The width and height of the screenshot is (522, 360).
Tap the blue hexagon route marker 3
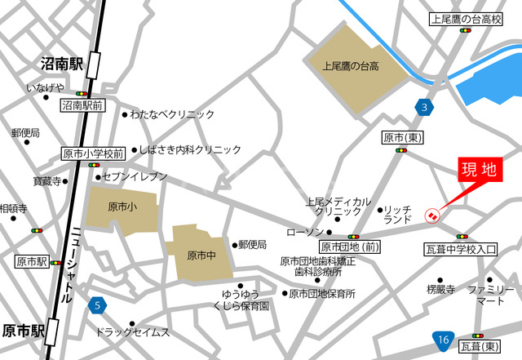tap(422, 107)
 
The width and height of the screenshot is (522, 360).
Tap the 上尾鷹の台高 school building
tap(356, 64)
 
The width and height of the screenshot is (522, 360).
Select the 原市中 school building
tap(201, 254)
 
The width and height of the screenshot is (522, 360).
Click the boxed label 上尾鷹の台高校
tap(464, 19)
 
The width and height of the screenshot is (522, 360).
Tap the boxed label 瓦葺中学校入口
tap(461, 249)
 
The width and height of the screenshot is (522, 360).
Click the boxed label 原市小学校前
tap(94, 153)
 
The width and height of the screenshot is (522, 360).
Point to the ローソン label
tap(304, 233)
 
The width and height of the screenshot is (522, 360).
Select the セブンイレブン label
tap(135, 176)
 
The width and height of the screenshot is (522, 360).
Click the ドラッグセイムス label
tap(132, 332)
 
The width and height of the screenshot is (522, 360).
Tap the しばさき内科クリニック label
tap(189, 150)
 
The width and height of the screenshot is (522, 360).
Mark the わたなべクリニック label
tap(172, 115)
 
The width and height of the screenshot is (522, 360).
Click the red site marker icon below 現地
tap(432, 216)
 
